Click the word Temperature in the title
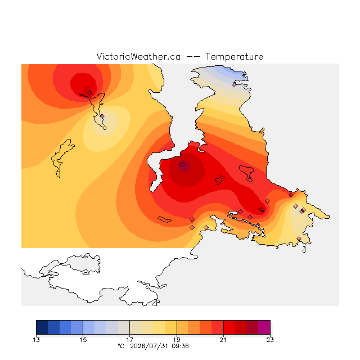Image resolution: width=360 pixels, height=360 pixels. pos(234,57)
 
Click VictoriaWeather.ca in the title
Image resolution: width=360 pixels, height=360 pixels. pos(138,57)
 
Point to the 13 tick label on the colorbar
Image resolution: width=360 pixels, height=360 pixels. pos(36,340)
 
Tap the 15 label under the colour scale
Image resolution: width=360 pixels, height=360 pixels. pos(83,340)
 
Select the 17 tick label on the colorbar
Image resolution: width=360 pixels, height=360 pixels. pos(130,340)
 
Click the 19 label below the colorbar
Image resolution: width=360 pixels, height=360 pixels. pos(177,340)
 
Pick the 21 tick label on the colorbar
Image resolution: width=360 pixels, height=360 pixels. pos(223,340)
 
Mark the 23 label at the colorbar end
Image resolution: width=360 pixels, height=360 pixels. pos(270,340)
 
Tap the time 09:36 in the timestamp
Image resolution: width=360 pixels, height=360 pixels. pos(180,346)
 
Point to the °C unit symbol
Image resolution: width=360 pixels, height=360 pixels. pos(121,346)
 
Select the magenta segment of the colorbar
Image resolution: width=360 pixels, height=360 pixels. pos(264,327)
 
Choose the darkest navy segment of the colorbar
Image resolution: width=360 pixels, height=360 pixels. pos(42,327)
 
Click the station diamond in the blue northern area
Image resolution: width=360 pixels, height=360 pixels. pos(234,85)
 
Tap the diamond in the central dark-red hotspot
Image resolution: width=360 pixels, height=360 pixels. pos(182,165)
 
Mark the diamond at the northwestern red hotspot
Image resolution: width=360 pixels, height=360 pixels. pos(90,93)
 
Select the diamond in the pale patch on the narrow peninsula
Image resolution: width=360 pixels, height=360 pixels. pos(102,116)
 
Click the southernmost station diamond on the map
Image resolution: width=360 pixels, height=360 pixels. pos(299,238)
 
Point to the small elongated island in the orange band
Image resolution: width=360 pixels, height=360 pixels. pos(164,219)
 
